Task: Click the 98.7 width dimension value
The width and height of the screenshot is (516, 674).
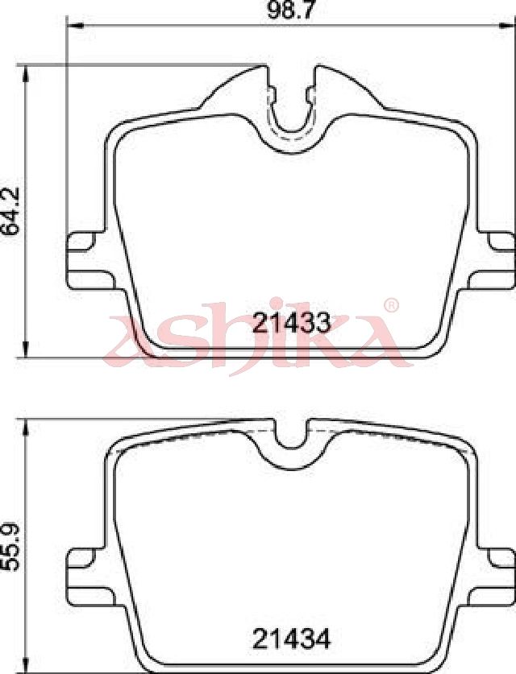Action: click(x=288, y=10)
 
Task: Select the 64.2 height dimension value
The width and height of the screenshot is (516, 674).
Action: click(x=10, y=211)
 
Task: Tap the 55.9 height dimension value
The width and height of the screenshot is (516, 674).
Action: click(x=10, y=547)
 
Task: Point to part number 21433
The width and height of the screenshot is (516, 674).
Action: click(x=291, y=323)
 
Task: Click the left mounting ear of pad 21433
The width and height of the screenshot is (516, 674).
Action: click(x=88, y=260)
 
